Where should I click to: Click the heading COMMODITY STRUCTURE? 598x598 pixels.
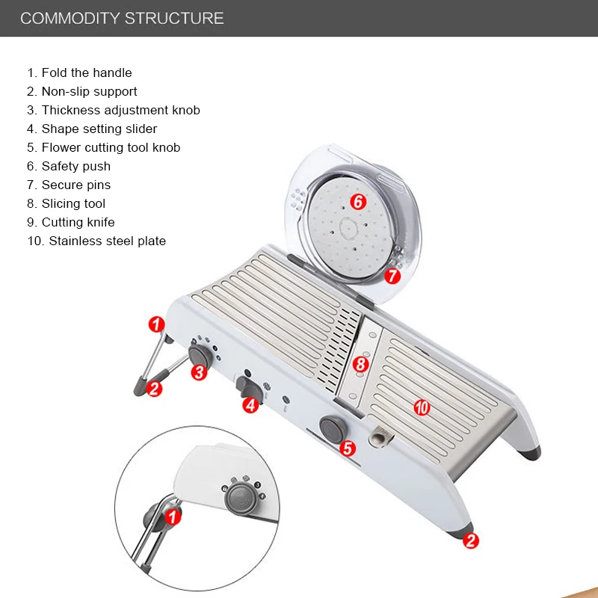pyautogui.click(x=122, y=18)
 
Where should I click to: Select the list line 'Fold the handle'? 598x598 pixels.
pyautogui.click(x=79, y=73)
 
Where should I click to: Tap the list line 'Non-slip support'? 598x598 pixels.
pyautogui.click(x=82, y=91)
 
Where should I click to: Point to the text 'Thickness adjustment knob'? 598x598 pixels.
pyautogui.click(x=114, y=110)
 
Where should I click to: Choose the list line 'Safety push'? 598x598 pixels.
pyautogui.click(x=69, y=166)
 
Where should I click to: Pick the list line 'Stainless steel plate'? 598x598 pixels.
pyautogui.click(x=96, y=241)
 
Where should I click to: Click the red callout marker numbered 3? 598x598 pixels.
pyautogui.click(x=199, y=372)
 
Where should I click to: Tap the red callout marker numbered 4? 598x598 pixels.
pyautogui.click(x=250, y=404)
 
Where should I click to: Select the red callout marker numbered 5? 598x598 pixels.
pyautogui.click(x=347, y=448)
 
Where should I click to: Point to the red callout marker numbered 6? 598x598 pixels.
pyautogui.click(x=357, y=201)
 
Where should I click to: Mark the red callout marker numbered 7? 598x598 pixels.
pyautogui.click(x=392, y=275)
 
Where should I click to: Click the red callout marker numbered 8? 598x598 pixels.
pyautogui.click(x=360, y=365)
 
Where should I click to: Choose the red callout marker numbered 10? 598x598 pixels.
pyautogui.click(x=422, y=407)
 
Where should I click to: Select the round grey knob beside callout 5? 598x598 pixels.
pyautogui.click(x=330, y=427)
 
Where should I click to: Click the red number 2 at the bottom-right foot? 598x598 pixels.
pyautogui.click(x=469, y=540)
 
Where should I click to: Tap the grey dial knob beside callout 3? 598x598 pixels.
pyautogui.click(x=198, y=354)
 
